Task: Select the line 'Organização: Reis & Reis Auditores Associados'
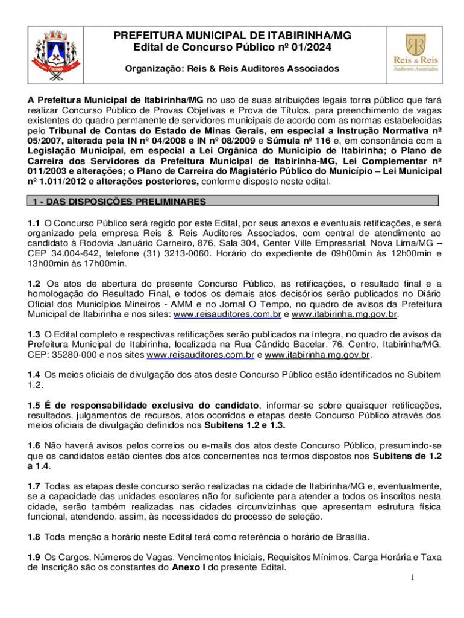pyautogui.click(x=231, y=69)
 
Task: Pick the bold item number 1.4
pyautogui.click(x=35, y=374)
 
